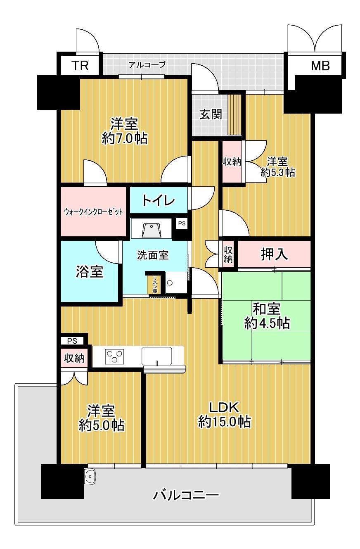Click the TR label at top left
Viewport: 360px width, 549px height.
(x=80, y=65)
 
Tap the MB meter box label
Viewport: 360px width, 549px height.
(x=320, y=65)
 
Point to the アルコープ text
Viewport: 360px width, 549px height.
(x=147, y=65)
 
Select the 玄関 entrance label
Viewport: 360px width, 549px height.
(x=211, y=114)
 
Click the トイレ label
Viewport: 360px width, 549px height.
(x=159, y=200)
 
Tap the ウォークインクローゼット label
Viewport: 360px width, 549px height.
(x=93, y=212)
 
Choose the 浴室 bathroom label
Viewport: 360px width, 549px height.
(x=90, y=271)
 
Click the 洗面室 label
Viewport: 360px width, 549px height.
(x=153, y=255)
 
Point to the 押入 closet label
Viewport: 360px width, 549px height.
(x=274, y=254)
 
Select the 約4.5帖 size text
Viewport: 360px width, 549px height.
(x=267, y=323)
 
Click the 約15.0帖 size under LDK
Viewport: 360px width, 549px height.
(x=225, y=422)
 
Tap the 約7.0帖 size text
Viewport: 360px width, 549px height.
(x=125, y=138)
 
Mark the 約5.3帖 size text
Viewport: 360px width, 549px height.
(x=277, y=173)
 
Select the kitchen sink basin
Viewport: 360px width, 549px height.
(x=157, y=356)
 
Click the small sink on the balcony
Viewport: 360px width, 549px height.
(x=90, y=477)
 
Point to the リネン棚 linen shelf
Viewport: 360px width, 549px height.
(x=155, y=285)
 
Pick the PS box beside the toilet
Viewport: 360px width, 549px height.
(x=182, y=223)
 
